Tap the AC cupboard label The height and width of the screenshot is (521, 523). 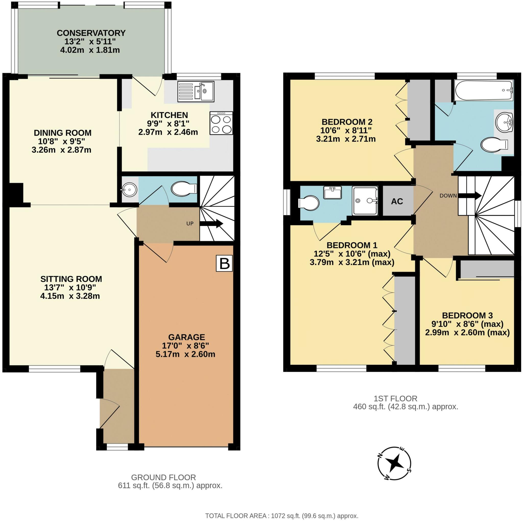[x=397, y=201]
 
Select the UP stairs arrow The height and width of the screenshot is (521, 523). [x=211, y=224]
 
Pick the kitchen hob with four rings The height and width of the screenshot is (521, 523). [x=221, y=123]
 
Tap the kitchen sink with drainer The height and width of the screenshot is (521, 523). [x=196, y=92]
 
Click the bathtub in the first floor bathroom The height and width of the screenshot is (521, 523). [x=484, y=90]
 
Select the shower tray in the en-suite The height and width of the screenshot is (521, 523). [x=365, y=201]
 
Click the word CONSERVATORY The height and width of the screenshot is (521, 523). [x=91, y=33]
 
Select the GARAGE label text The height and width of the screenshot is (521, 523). [x=186, y=337]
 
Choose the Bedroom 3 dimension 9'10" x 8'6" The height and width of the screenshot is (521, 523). [x=467, y=324]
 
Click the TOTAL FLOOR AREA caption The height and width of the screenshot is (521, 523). [x=282, y=516]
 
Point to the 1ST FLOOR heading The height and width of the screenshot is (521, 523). [x=396, y=399]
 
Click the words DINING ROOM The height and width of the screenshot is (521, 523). [x=63, y=133]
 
